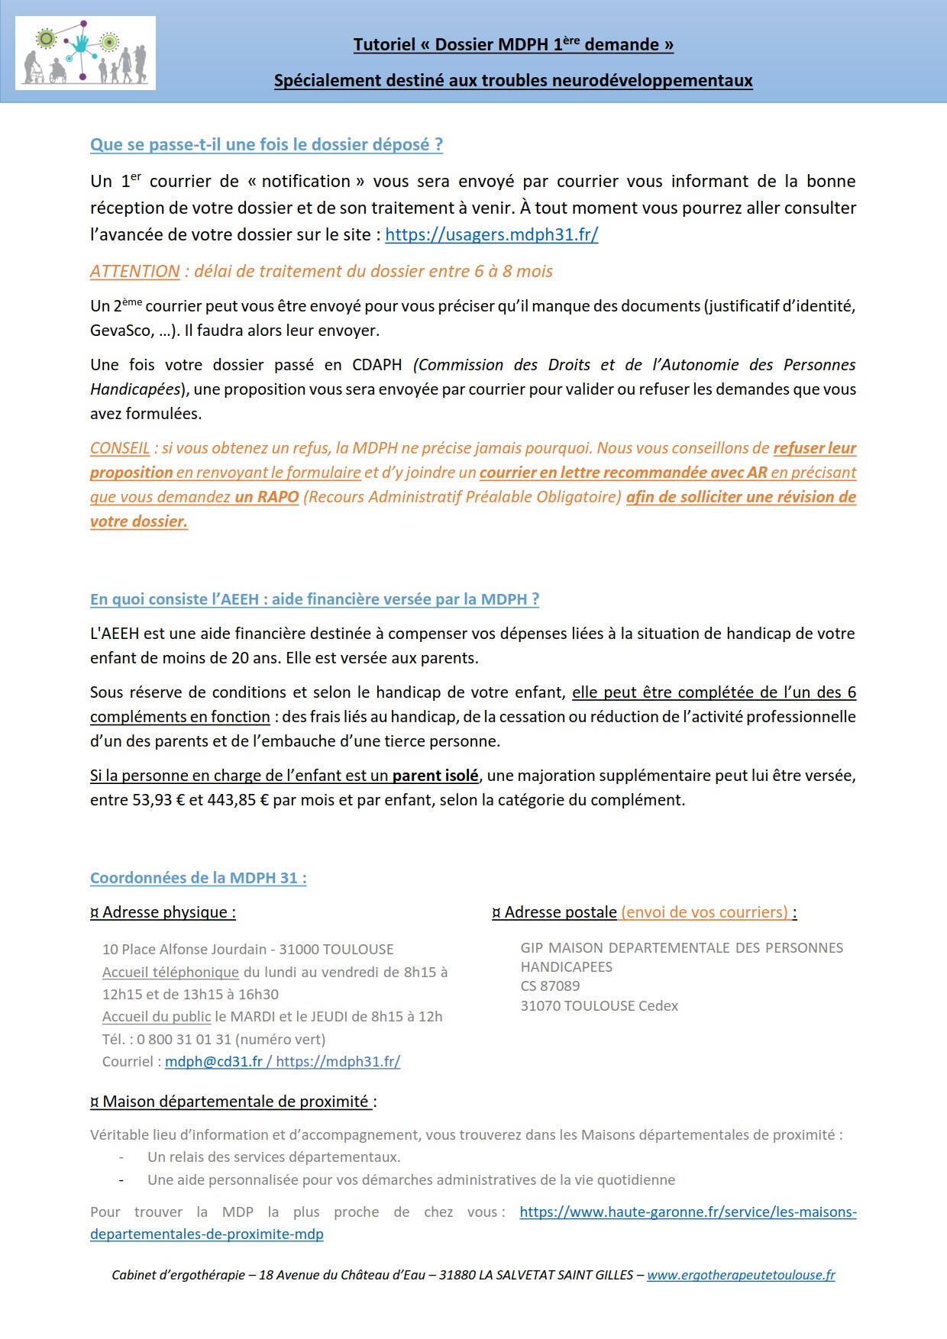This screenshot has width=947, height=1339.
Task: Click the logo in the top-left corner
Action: click(x=86, y=53)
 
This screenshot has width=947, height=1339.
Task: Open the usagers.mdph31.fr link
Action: click(x=491, y=234)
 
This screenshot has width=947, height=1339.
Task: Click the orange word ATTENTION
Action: click(x=134, y=272)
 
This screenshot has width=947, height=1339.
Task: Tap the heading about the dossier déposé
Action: click(x=267, y=145)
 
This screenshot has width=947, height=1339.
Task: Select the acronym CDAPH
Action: click(x=377, y=365)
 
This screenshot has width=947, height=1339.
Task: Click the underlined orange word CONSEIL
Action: click(x=119, y=448)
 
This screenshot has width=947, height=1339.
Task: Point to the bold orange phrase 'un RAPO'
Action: click(x=267, y=497)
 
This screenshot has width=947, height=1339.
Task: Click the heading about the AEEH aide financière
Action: click(x=315, y=599)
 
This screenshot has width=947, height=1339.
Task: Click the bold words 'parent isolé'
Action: click(x=435, y=776)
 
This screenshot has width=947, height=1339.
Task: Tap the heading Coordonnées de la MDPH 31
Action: click(x=198, y=878)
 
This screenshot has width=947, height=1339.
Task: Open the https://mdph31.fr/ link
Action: click(x=338, y=1061)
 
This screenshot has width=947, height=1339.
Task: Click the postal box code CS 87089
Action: click(x=550, y=986)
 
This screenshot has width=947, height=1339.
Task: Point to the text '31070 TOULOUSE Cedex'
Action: click(x=599, y=1006)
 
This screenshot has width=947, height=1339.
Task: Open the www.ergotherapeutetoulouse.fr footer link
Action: click(x=741, y=1275)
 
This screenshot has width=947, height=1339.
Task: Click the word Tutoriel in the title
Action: click(x=384, y=45)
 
